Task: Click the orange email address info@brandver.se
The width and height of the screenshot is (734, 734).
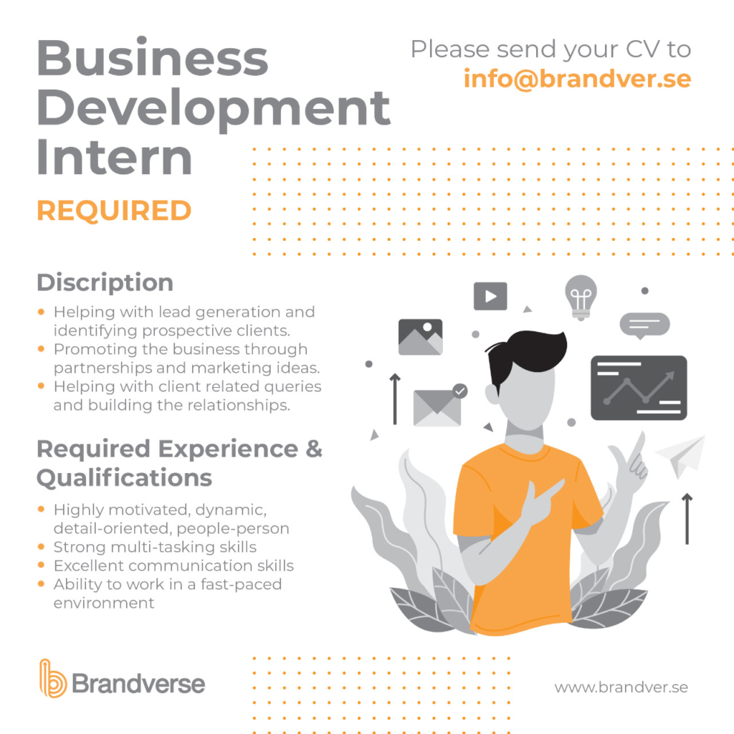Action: tap(577, 79)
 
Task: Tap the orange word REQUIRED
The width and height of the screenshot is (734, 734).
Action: tap(114, 211)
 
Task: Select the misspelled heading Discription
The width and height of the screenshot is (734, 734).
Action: tap(105, 282)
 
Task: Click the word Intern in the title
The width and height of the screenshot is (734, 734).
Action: tap(114, 157)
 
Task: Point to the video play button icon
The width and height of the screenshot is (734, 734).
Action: tap(490, 296)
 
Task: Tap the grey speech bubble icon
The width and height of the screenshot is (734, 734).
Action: tap(644, 325)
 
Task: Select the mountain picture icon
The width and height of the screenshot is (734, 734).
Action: tap(420, 337)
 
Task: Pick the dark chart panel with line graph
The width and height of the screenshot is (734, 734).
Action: tap(639, 388)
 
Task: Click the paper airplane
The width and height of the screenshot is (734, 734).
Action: tap(681, 455)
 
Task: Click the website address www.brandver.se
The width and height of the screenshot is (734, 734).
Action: tap(621, 687)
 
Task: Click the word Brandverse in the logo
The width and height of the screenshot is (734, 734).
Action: tap(138, 684)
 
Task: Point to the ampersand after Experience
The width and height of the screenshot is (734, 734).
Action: tap(314, 449)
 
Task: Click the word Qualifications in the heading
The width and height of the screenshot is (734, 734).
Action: tap(125, 478)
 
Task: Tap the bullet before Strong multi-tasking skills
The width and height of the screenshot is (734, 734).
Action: tap(41, 546)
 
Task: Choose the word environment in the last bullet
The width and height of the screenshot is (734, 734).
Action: tap(104, 603)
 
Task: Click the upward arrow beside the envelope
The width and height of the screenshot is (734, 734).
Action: tap(395, 399)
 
